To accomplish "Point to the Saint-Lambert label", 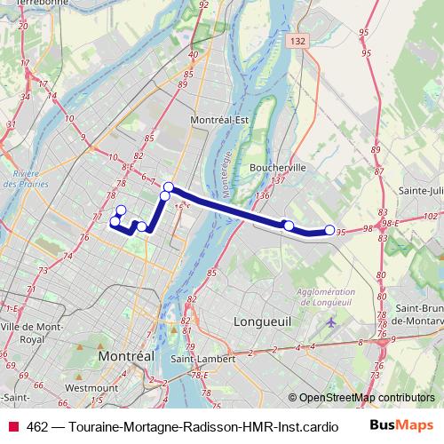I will [x=202, y=359].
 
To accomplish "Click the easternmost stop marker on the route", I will [x=329, y=231].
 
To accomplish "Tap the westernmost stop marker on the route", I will [x=114, y=220].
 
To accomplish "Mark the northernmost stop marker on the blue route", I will [x=169, y=186].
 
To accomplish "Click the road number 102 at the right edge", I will [x=432, y=215].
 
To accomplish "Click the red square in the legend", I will [x=13, y=426].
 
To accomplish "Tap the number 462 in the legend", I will [x=38, y=426].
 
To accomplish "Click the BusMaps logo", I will [x=401, y=426].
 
